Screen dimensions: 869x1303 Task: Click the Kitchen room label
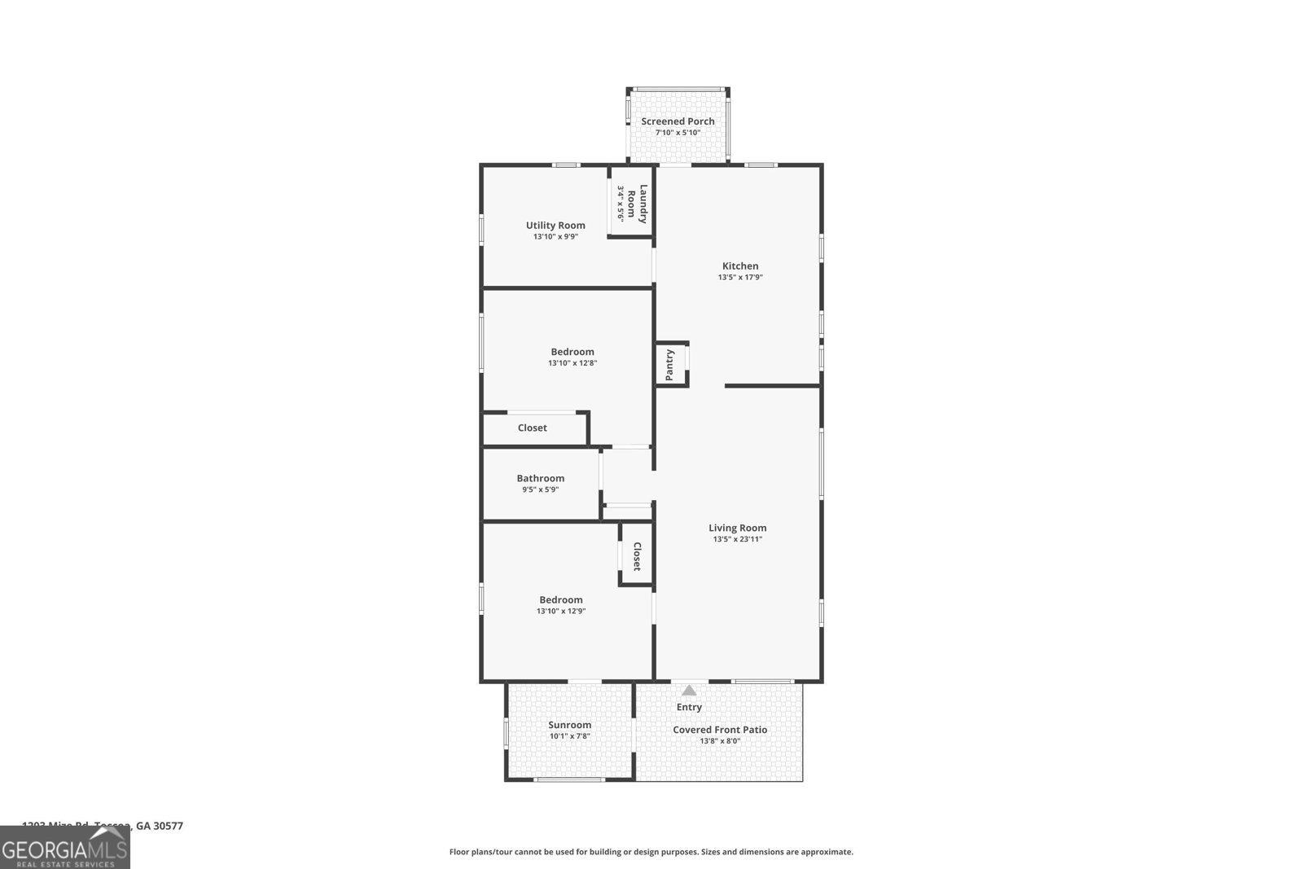tap(739, 266)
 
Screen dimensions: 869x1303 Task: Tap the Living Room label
tap(737, 528)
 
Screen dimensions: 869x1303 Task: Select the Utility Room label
tap(555, 226)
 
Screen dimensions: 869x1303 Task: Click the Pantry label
tap(669, 365)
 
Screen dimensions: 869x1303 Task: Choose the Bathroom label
tap(540, 478)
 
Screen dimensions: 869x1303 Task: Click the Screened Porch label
tap(678, 121)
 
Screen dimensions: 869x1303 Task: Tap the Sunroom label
tap(569, 725)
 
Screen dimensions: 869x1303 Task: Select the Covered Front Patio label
tap(719, 730)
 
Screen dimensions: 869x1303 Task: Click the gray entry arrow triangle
tap(689, 691)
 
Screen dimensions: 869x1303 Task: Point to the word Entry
tap(689, 707)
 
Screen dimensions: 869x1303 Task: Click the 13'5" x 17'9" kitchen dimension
tap(739, 277)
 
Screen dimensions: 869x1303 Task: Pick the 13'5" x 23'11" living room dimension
tap(737, 539)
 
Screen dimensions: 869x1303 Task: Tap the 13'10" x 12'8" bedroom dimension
tap(573, 363)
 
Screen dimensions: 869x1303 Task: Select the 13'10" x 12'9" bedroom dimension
tap(561, 611)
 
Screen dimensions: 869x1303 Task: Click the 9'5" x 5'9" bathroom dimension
tap(540, 489)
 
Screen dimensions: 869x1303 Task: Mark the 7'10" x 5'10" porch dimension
tap(678, 133)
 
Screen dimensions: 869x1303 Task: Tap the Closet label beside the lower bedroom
tap(637, 556)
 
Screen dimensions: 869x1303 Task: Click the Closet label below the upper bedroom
tap(532, 428)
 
